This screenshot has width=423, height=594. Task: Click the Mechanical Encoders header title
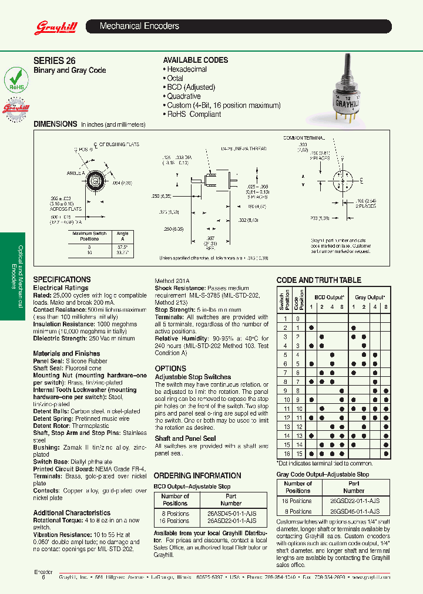[139, 26]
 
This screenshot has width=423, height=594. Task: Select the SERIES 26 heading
[55, 60]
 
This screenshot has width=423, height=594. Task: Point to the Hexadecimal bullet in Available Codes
[186, 69]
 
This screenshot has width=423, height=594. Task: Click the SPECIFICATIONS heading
[62, 279]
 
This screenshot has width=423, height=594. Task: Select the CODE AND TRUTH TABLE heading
[318, 281]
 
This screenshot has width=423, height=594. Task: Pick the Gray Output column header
[368, 298]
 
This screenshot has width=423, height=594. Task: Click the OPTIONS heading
[170, 369]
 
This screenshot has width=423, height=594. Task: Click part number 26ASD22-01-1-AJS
[231, 521]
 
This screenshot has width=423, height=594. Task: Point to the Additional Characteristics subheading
[72, 512]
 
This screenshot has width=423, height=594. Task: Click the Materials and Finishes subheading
[66, 353]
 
